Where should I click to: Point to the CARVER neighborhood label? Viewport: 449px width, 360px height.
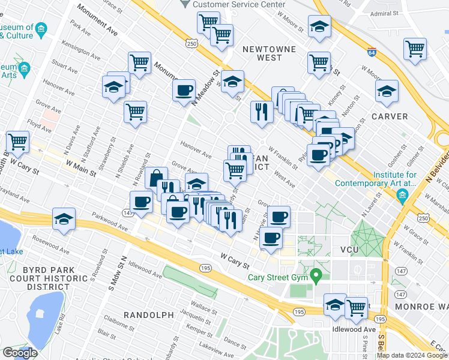pyautogui.click(x=390, y=116)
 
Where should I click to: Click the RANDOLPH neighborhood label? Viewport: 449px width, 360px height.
pyautogui.click(x=149, y=315)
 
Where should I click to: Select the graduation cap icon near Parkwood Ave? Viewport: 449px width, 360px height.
pyautogui.click(x=64, y=220)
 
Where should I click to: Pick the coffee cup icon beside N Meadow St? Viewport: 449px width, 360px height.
pyautogui.click(x=184, y=91)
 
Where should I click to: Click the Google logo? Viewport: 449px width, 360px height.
pyautogui.click(x=20, y=353)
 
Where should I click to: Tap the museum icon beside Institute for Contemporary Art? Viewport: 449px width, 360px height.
pyautogui.click(x=402, y=194)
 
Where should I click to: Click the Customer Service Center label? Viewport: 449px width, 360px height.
pyautogui.click(x=239, y=4)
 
